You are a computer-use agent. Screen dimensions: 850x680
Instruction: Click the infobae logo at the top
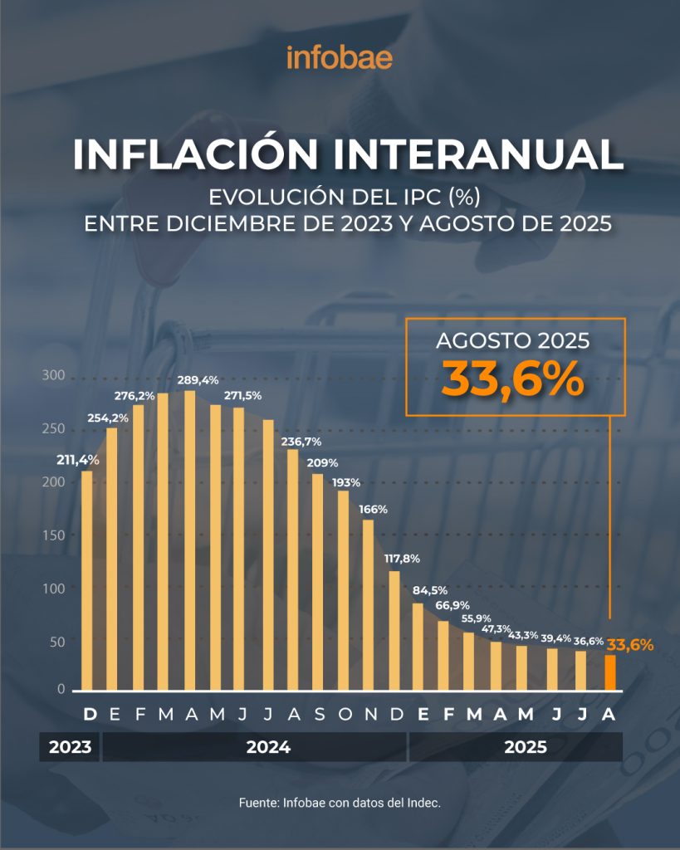[340, 58]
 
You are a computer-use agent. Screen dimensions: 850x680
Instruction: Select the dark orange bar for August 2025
[610, 672]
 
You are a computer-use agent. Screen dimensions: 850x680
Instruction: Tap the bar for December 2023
[87, 581]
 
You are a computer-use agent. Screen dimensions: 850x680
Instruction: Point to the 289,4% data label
[198, 380]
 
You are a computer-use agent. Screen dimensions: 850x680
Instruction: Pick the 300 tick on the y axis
[53, 375]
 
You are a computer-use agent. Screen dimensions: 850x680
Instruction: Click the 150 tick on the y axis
[53, 534]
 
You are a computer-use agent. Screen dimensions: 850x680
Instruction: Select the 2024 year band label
[268, 747]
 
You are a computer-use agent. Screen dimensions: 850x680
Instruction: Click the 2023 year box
[70, 747]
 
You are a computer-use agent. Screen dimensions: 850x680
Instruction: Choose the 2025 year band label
[526, 747]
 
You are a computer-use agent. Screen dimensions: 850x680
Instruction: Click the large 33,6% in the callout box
[512, 379]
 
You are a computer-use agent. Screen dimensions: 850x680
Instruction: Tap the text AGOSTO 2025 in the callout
[513, 341]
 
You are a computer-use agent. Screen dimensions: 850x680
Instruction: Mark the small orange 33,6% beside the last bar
[630, 644]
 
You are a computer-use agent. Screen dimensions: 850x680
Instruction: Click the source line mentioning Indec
[340, 804]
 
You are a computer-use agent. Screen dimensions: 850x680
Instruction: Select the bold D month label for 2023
[90, 714]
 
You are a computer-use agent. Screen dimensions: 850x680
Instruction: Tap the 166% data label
[373, 509]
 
